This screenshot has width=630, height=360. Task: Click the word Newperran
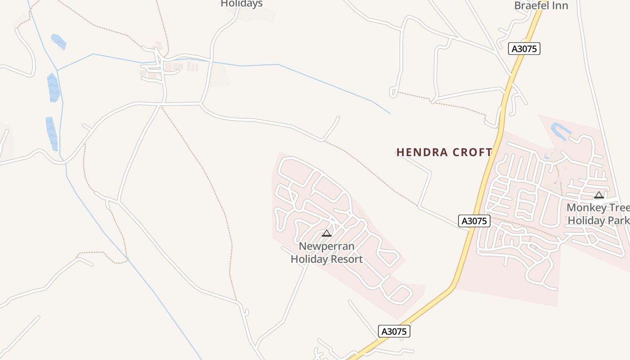pyautogui.click(x=327, y=246)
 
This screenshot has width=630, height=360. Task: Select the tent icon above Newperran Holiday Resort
pyautogui.click(x=327, y=233)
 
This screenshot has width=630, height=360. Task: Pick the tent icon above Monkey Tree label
pyautogui.click(x=598, y=195)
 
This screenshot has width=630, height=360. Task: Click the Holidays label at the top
pyautogui.click(x=242, y=4)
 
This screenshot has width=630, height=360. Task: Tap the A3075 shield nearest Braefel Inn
pyautogui.click(x=524, y=49)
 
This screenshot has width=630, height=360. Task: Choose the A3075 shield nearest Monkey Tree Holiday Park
pyautogui.click(x=474, y=221)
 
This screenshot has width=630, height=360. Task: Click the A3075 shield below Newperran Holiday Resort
pyautogui.click(x=394, y=332)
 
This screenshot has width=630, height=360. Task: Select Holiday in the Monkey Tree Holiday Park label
pyautogui.click(x=586, y=220)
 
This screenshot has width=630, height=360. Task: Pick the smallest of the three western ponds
pyautogui.click(x=58, y=42)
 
